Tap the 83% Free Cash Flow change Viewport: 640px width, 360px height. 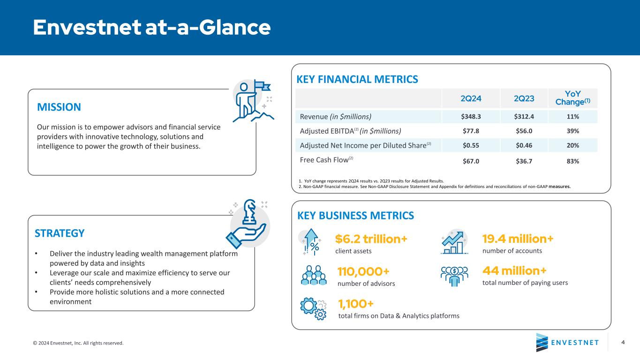572,161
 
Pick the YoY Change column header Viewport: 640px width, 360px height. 572,98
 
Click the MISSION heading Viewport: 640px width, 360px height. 59,107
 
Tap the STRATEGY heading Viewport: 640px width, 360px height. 60,233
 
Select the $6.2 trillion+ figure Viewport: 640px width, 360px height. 371,239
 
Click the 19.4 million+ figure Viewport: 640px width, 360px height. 518,239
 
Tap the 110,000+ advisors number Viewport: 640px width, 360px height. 363,272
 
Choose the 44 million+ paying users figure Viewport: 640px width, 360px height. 514,271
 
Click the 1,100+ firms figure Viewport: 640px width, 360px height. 356,304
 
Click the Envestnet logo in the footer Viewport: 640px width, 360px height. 567,342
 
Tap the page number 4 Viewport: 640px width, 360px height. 623,342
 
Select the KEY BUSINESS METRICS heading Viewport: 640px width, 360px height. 356,215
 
